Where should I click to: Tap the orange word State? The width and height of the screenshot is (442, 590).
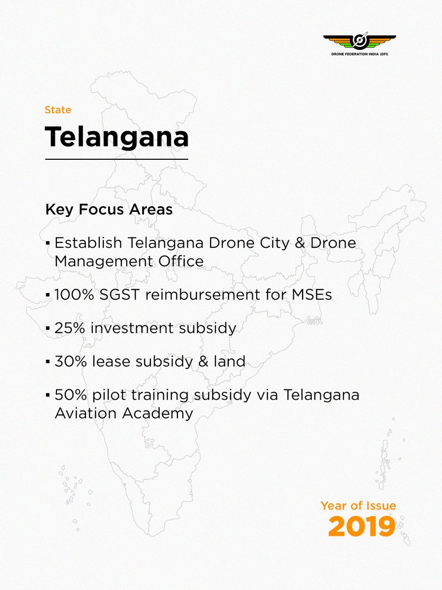pyautogui.click(x=58, y=110)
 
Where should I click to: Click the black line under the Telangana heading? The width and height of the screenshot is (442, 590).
pyautogui.click(x=116, y=159)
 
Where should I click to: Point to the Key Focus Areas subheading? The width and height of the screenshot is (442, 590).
pyautogui.click(x=109, y=209)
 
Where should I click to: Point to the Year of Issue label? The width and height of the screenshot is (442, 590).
pyautogui.click(x=358, y=505)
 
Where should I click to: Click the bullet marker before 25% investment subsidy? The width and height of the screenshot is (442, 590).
pyautogui.click(x=48, y=328)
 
